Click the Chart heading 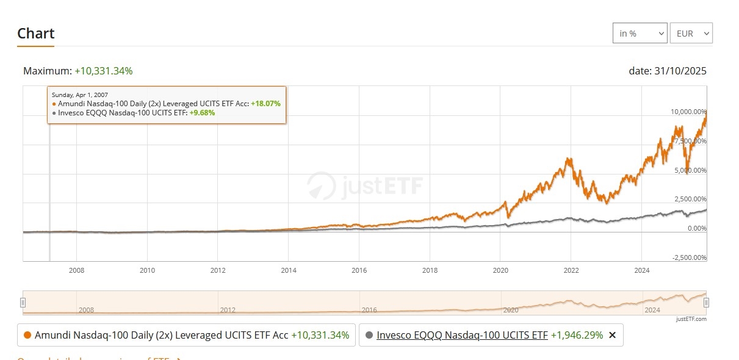tap(36, 33)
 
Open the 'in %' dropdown tap(640, 34)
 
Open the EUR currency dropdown tap(691, 34)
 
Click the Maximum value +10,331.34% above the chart tap(104, 71)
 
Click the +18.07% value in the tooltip tap(265, 104)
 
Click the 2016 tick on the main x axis tap(359, 270)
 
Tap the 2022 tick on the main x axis tap(571, 270)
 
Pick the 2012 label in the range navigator tap(228, 310)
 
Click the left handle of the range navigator tap(23, 303)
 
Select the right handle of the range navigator tap(706, 303)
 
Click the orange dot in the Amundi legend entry tap(27, 335)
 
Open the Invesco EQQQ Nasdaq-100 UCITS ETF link tap(462, 335)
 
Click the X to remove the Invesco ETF tap(613, 335)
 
